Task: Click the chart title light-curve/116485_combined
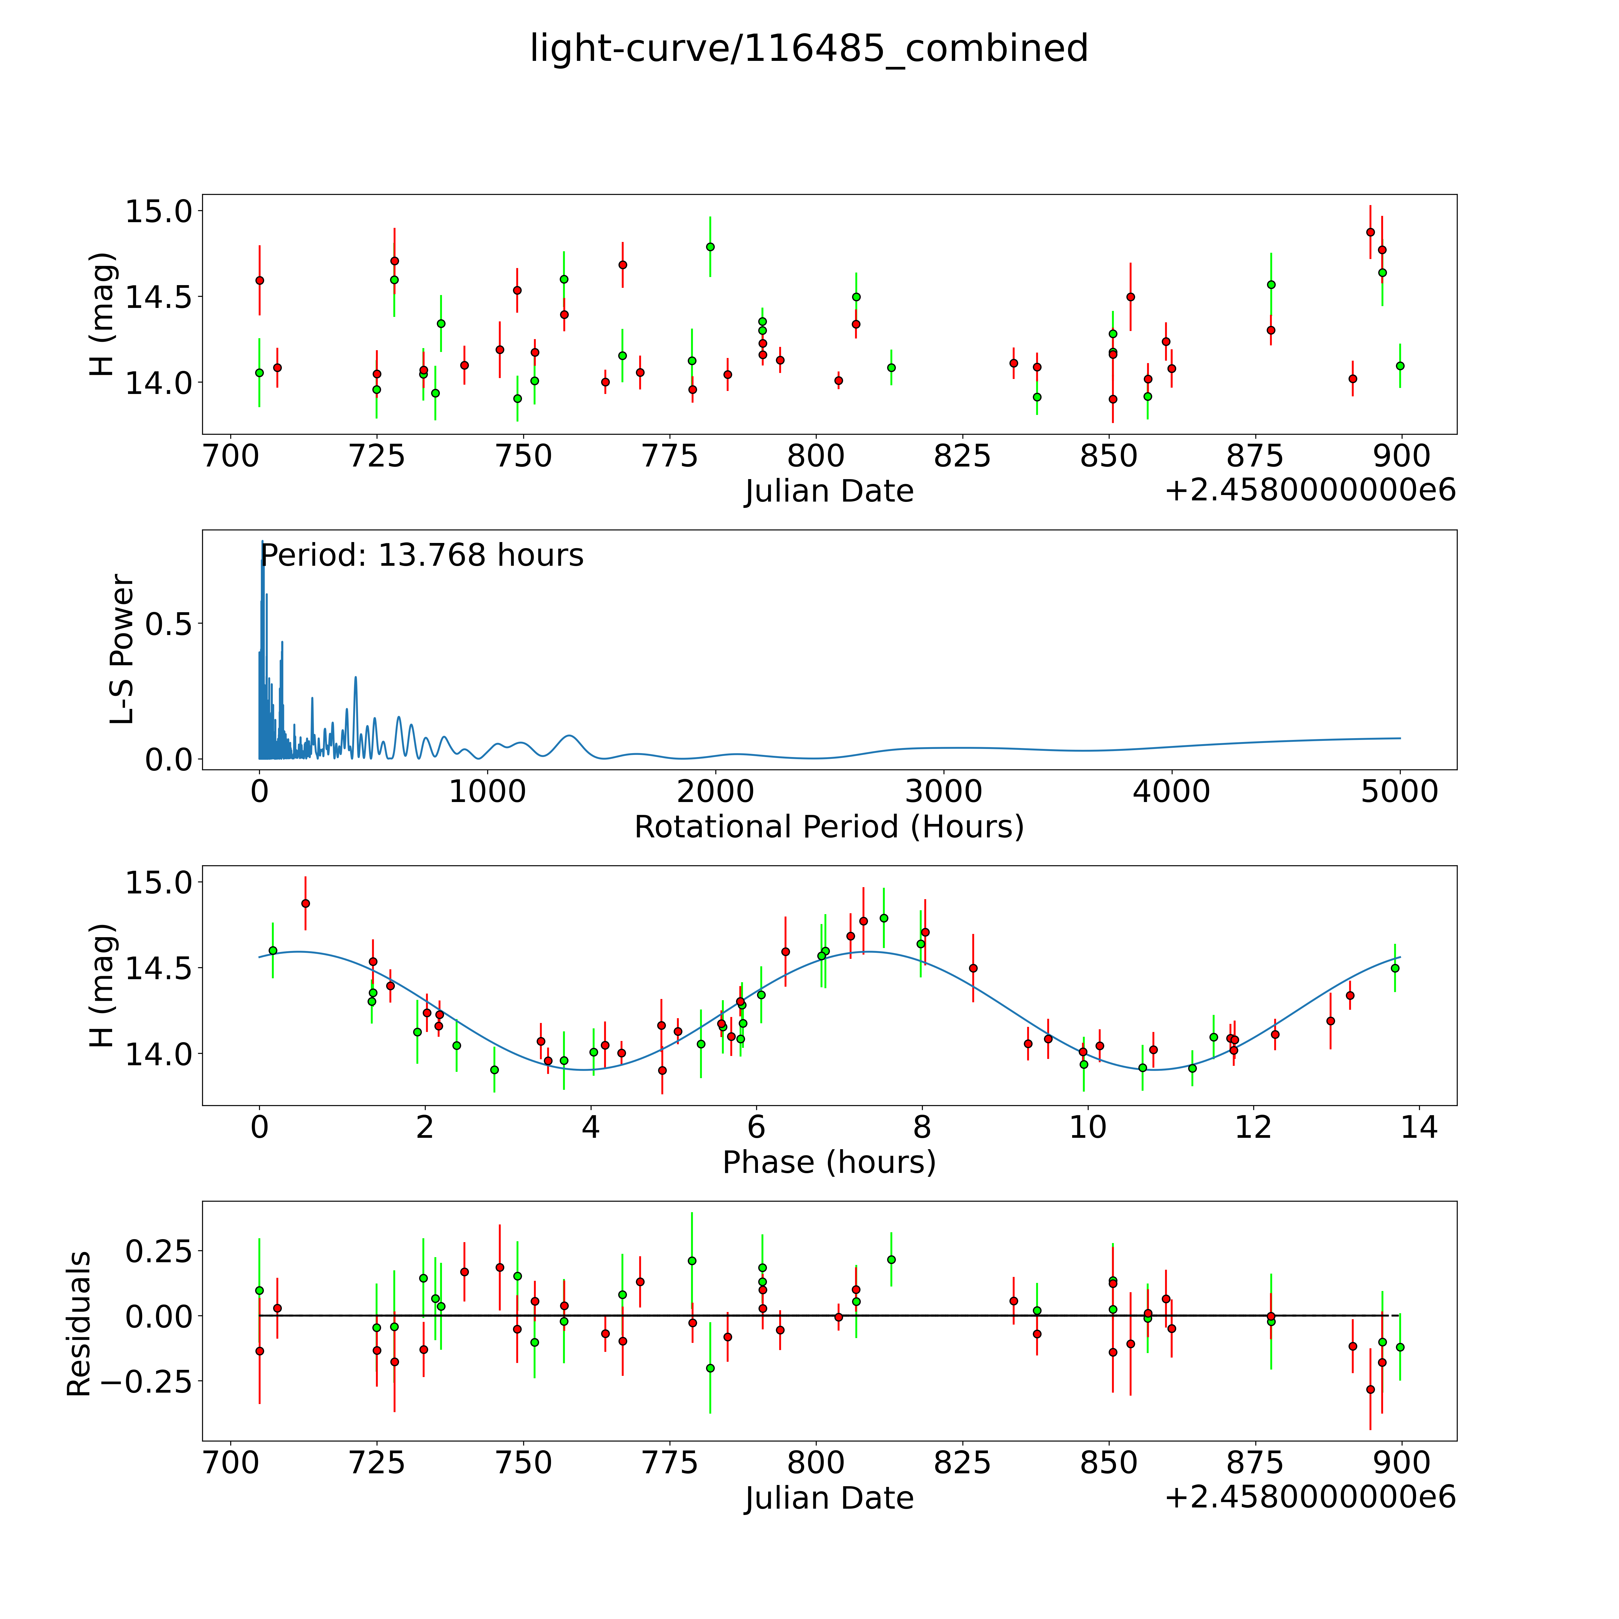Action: coord(809,49)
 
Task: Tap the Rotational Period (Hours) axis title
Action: coord(829,827)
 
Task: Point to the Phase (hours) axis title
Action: coord(829,1162)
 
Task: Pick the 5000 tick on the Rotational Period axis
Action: coord(1400,792)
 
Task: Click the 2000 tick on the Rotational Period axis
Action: coord(716,792)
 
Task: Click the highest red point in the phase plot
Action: coord(306,903)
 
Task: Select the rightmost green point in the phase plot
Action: coord(1395,968)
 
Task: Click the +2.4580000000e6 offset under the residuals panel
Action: coord(1310,1498)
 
